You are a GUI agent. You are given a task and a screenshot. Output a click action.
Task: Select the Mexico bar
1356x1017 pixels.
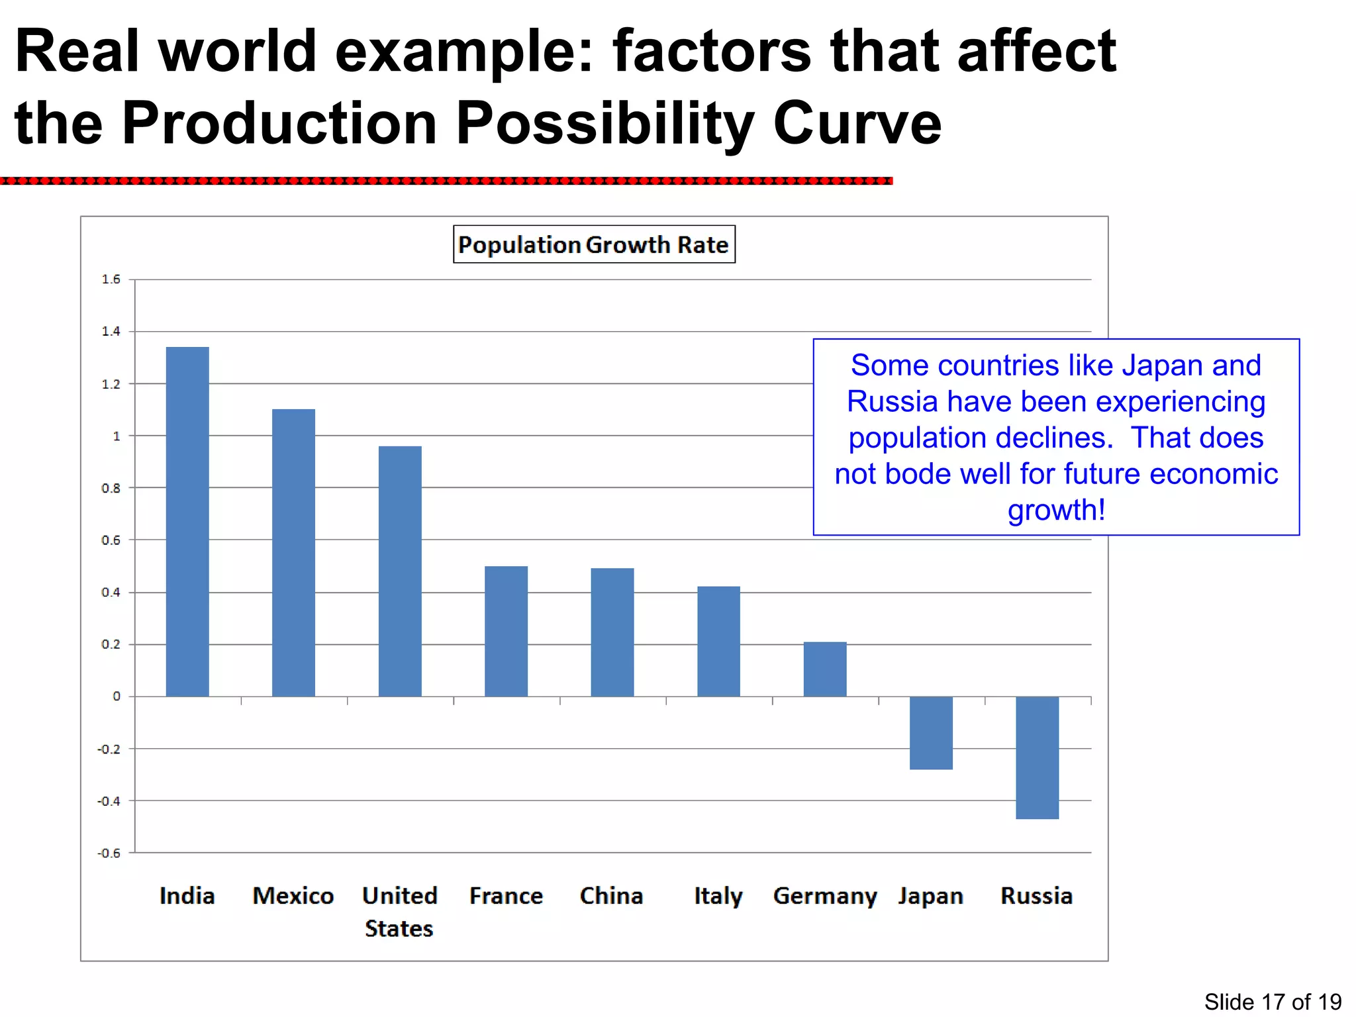[293, 553]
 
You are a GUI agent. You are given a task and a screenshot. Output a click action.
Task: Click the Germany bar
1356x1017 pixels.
[825, 669]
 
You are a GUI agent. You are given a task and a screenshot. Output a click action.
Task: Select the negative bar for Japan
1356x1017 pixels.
[931, 733]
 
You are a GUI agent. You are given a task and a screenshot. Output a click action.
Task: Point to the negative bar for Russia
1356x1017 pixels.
[1037, 757]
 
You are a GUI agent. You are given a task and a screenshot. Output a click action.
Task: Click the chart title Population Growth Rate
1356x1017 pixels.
[593, 244]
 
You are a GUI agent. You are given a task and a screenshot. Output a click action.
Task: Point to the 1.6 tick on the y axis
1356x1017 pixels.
[111, 279]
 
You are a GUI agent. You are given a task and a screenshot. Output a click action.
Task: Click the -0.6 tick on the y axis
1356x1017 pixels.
[109, 853]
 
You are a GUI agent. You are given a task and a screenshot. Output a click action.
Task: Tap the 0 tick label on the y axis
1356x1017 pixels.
[117, 697]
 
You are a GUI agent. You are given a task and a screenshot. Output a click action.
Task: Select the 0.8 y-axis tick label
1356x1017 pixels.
[111, 488]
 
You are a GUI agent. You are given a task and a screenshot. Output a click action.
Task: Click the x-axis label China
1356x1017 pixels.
[611, 896]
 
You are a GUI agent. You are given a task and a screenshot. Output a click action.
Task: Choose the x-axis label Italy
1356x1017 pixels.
[718, 896]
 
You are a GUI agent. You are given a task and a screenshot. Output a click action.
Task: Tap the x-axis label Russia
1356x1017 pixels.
[1036, 896]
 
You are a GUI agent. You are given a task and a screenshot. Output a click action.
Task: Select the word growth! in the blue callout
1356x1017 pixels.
[1056, 510]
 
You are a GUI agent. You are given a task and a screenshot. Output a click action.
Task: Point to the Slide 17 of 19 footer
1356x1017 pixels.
[1273, 1002]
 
